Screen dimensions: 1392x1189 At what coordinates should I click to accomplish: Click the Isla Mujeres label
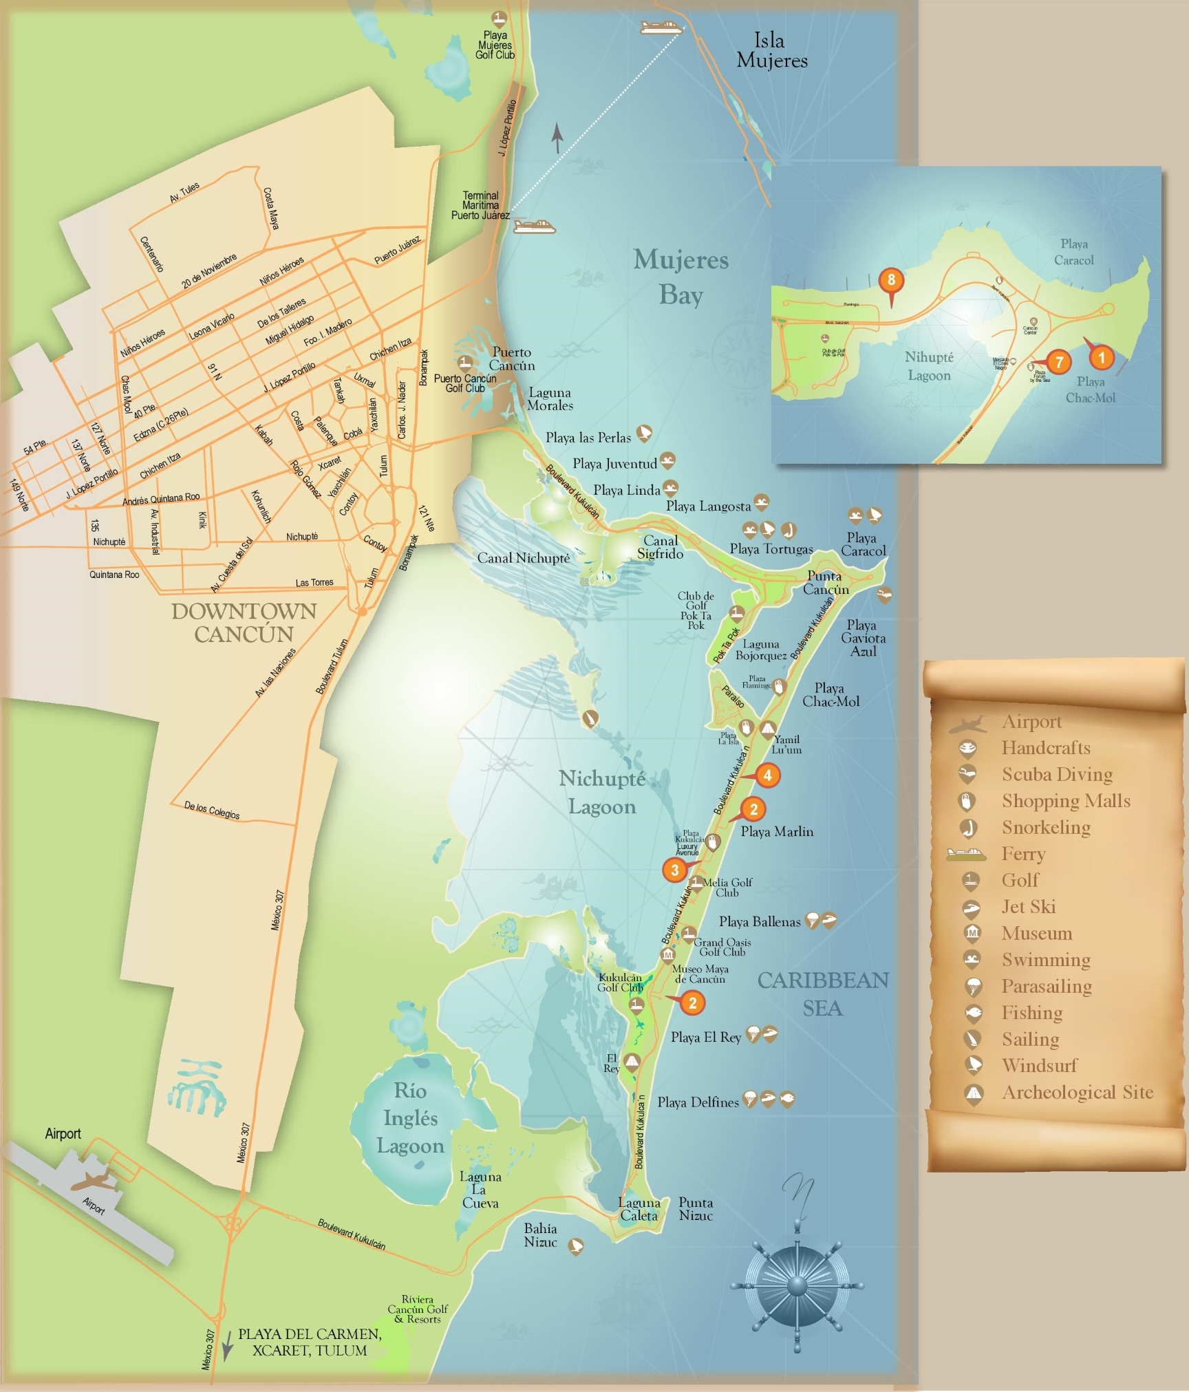pyautogui.click(x=771, y=50)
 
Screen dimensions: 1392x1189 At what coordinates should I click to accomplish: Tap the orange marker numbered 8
pyautogui.click(x=891, y=280)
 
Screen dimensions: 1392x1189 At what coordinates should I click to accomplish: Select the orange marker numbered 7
pyautogui.click(x=1059, y=362)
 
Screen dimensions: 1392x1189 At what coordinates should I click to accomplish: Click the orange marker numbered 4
pyautogui.click(x=767, y=775)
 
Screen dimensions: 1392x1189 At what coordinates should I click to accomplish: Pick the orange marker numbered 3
pyautogui.click(x=674, y=870)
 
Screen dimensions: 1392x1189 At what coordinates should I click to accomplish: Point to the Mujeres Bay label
pyautogui.click(x=680, y=277)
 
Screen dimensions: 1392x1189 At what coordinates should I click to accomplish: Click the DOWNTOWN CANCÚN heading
pyautogui.click(x=244, y=622)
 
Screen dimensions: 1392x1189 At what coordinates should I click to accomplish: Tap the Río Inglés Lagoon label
pyautogui.click(x=410, y=1118)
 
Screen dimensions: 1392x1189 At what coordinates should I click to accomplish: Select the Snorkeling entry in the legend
pyautogui.click(x=1045, y=827)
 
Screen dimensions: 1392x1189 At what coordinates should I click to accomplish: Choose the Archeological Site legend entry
pyautogui.click(x=1077, y=1092)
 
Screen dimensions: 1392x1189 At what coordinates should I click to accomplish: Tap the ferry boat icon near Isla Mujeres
pyautogui.click(x=661, y=28)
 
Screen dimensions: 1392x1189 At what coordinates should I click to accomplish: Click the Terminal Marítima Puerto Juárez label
pyautogui.click(x=480, y=206)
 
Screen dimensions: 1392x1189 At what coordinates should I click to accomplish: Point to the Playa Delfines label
pyautogui.click(x=698, y=1102)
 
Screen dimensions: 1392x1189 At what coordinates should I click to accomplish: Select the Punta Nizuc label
pyautogui.click(x=696, y=1209)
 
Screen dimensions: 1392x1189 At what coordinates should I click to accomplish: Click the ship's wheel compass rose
pyautogui.click(x=796, y=1285)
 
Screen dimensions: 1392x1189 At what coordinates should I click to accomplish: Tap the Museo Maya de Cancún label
pyautogui.click(x=700, y=974)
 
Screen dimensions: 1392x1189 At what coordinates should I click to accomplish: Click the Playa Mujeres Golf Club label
pyautogui.click(x=495, y=45)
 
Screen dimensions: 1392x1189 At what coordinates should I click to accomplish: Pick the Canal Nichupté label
pyautogui.click(x=523, y=558)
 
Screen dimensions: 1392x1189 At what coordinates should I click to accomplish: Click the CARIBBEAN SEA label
pyautogui.click(x=823, y=994)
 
